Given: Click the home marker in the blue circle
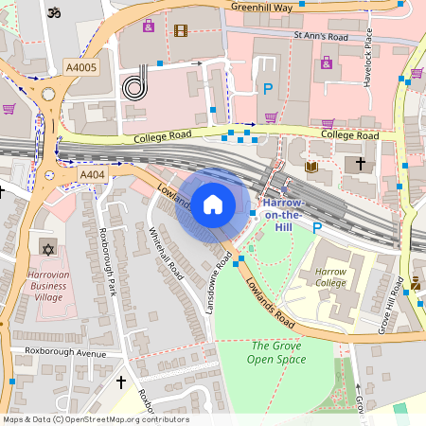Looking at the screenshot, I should (x=213, y=204).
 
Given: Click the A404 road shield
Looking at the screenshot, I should (x=92, y=175).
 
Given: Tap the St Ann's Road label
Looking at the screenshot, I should (x=321, y=37).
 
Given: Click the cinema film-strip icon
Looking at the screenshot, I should (x=181, y=29).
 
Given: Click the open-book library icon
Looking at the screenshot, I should (x=311, y=168).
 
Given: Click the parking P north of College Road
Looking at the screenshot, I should (x=268, y=89).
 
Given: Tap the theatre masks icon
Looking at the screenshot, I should (x=416, y=282).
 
